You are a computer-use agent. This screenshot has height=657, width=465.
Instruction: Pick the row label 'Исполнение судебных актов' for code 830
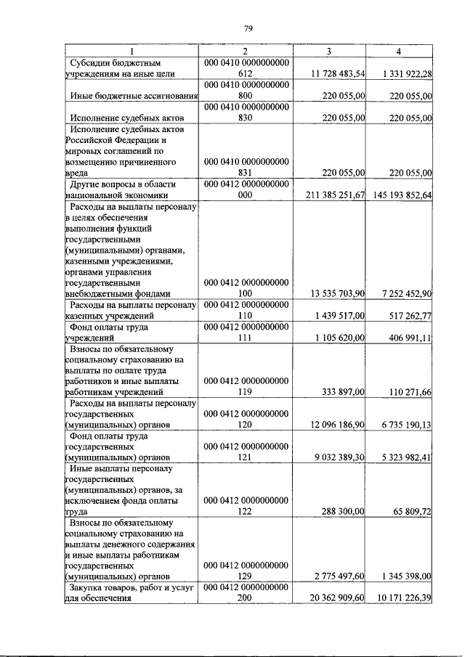click(x=124, y=117)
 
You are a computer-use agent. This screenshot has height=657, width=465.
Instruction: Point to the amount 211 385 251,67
click(x=331, y=195)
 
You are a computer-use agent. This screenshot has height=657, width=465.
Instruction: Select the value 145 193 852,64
click(x=399, y=195)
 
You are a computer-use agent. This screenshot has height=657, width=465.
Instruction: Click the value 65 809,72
click(x=411, y=512)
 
